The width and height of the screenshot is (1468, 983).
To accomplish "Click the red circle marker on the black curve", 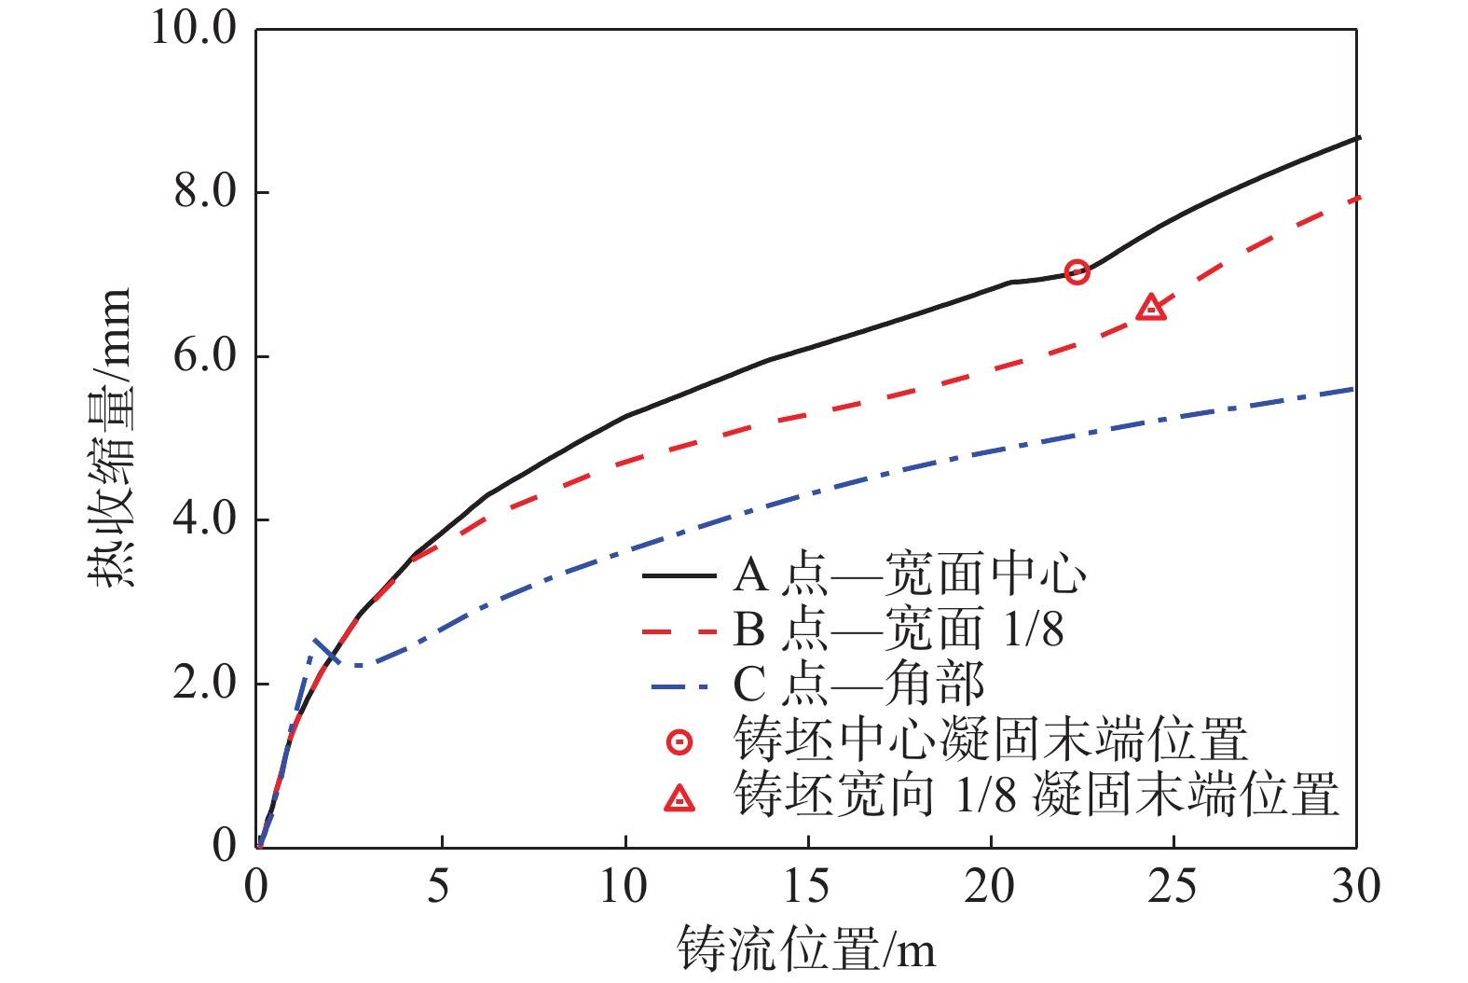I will (1077, 272).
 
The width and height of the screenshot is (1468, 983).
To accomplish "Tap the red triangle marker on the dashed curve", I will (1152, 307).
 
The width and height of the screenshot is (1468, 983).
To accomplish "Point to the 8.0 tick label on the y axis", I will (206, 192).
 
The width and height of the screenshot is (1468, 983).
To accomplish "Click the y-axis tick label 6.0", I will (206, 356).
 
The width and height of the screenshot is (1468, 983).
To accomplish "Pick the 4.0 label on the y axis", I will (206, 519).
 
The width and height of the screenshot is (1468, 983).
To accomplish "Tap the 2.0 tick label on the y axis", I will (206, 684).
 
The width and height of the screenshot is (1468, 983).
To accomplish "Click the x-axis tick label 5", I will (438, 887).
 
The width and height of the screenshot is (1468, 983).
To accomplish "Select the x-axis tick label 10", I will (623, 887).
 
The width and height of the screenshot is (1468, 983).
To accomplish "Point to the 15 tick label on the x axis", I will (805, 887).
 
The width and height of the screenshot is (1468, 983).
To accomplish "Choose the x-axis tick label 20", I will (989, 887).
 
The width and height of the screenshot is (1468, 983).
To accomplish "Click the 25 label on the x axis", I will (1172, 887).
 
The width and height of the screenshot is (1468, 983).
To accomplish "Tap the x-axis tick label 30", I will (1355, 887).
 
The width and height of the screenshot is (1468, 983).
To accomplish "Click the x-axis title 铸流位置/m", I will (805, 948).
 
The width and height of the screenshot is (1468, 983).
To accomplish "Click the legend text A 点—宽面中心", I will (909, 575).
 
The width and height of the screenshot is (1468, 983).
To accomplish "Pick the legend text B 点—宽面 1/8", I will (898, 630).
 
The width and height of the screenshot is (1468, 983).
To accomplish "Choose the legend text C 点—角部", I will (857, 684).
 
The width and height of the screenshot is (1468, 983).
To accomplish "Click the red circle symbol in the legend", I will (680, 742).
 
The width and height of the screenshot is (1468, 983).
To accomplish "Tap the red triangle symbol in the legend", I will (680, 798).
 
